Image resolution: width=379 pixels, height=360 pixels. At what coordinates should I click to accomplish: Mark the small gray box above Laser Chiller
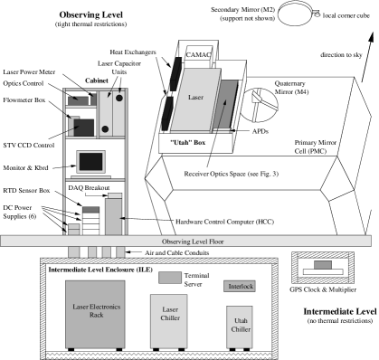pos(169,277)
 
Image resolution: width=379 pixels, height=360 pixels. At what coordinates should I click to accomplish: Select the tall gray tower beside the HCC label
pos(113,216)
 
